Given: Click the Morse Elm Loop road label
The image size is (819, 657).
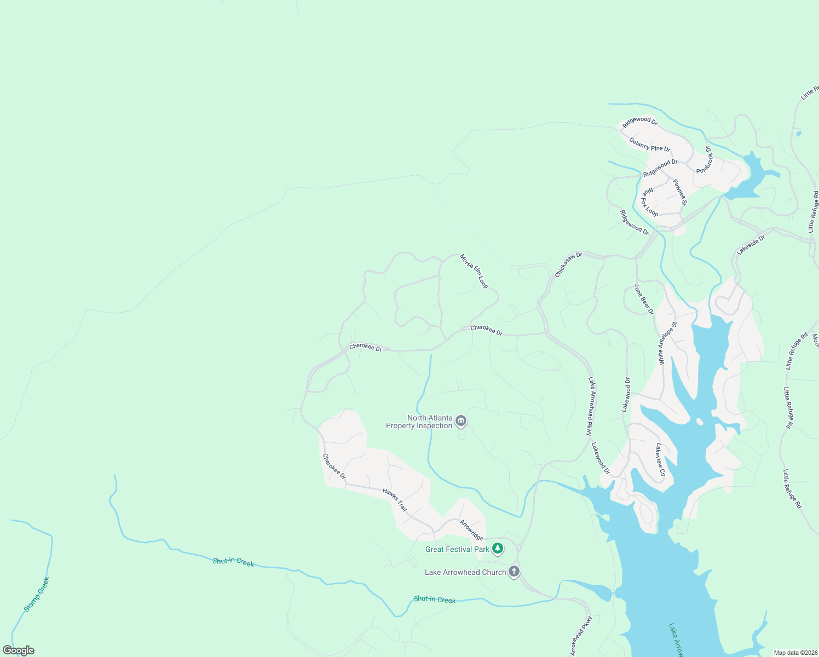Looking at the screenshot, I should coord(474,271).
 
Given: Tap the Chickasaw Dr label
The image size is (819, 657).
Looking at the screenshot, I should coord(569,264).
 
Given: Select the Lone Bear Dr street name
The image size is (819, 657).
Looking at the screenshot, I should coord(644,299).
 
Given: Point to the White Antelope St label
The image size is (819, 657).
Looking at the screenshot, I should coord(668,343).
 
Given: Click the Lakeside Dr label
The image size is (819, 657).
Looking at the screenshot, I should coord(751,245).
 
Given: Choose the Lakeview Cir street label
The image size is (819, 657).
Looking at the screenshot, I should coord(661,460).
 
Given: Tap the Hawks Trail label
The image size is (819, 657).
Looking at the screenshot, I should coord(395,500).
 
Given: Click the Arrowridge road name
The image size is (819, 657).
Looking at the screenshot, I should coord(471,529).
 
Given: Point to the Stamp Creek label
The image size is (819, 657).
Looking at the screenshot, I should coord(37,594).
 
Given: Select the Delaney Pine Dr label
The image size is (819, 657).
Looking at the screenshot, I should coord(650,145).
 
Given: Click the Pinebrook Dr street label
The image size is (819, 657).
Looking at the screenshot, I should coord(705,160).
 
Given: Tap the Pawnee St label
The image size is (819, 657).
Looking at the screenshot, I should coord(680,192).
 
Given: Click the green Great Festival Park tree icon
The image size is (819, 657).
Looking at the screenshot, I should coord(497,548).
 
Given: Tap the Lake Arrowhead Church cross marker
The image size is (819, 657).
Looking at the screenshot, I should coord(514,572).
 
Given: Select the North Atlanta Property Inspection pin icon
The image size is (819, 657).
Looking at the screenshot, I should coord(461,420).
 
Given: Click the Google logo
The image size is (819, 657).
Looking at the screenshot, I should coord(19,650).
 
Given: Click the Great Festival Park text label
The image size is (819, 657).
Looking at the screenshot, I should coord(457,549).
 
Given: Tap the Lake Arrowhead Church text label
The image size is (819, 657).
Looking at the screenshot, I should coord(465,572).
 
